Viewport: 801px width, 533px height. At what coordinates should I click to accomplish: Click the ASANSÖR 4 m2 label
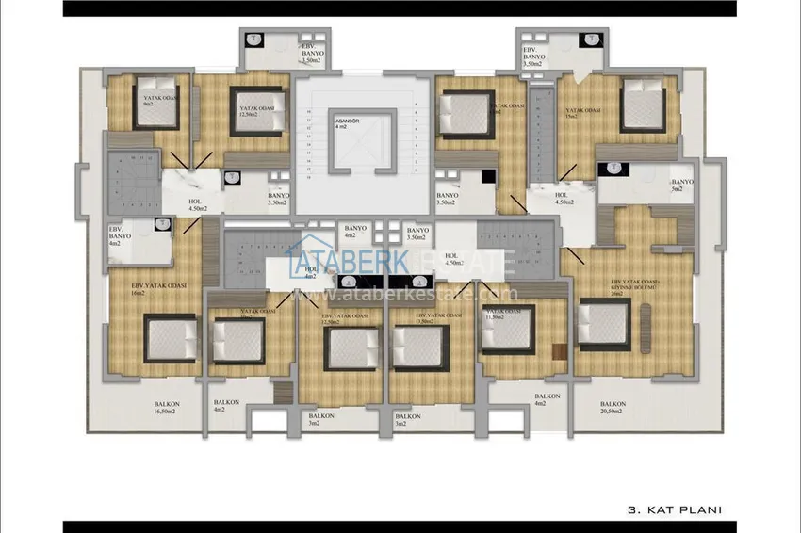[x=341, y=124]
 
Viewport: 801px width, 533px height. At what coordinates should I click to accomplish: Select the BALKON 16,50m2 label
[x=166, y=407]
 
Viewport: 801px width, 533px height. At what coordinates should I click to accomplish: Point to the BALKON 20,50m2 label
[x=613, y=407]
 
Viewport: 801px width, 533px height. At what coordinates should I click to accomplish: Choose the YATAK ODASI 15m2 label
[x=580, y=113]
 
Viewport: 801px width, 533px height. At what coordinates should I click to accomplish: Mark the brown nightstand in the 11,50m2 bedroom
[x=559, y=351]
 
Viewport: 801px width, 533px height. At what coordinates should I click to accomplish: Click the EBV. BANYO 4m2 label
[x=118, y=236]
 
